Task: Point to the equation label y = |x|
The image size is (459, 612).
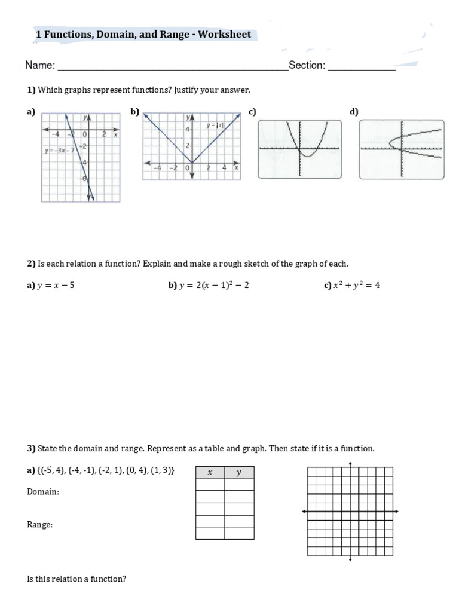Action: (x=215, y=126)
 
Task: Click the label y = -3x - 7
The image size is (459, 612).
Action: (x=57, y=150)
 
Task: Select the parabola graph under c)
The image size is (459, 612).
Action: (x=299, y=149)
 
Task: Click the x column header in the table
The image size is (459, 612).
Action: (x=210, y=473)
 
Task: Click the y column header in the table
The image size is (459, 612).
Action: (x=238, y=473)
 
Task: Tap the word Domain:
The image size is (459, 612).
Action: (x=43, y=492)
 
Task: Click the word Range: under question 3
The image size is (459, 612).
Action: (x=40, y=524)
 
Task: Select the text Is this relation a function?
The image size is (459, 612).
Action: (x=76, y=579)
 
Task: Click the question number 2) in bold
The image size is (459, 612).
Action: (x=32, y=264)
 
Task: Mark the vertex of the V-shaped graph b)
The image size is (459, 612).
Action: (x=192, y=162)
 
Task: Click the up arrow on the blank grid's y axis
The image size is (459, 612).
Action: (x=350, y=464)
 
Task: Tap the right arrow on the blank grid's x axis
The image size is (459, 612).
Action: (x=396, y=512)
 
